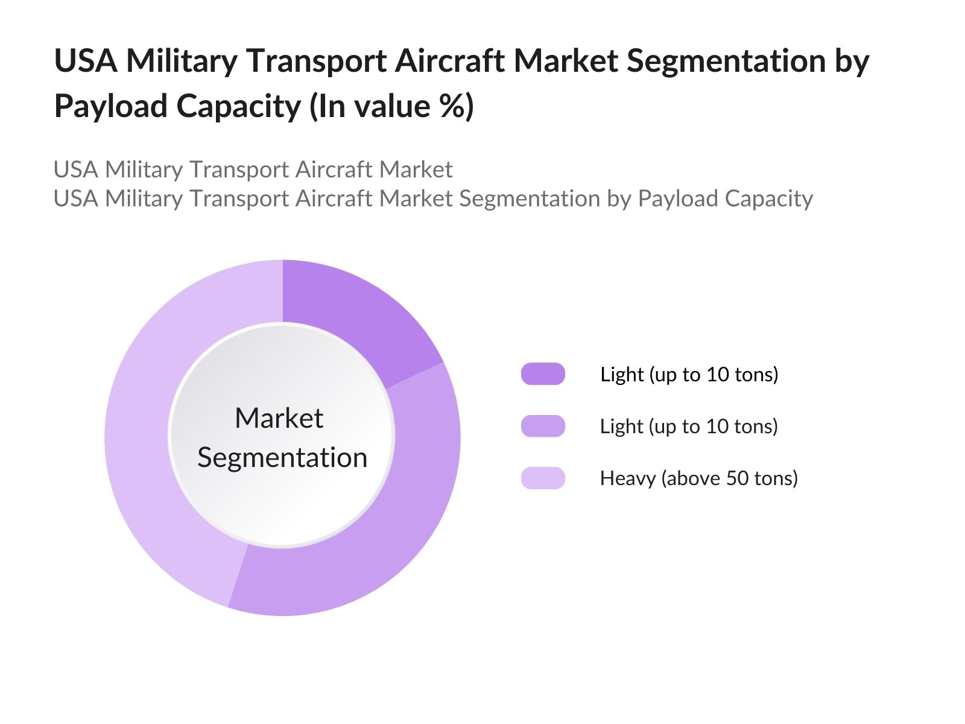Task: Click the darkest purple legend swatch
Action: (543, 374)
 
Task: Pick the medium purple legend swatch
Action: (543, 426)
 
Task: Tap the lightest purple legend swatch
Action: (543, 478)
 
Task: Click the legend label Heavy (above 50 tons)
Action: (698, 478)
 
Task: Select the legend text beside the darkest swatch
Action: (689, 375)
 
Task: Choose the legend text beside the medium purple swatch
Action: (689, 427)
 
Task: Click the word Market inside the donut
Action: (279, 418)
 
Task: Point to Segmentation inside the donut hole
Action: (282, 457)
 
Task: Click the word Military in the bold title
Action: (182, 62)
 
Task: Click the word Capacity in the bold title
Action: (238, 106)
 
